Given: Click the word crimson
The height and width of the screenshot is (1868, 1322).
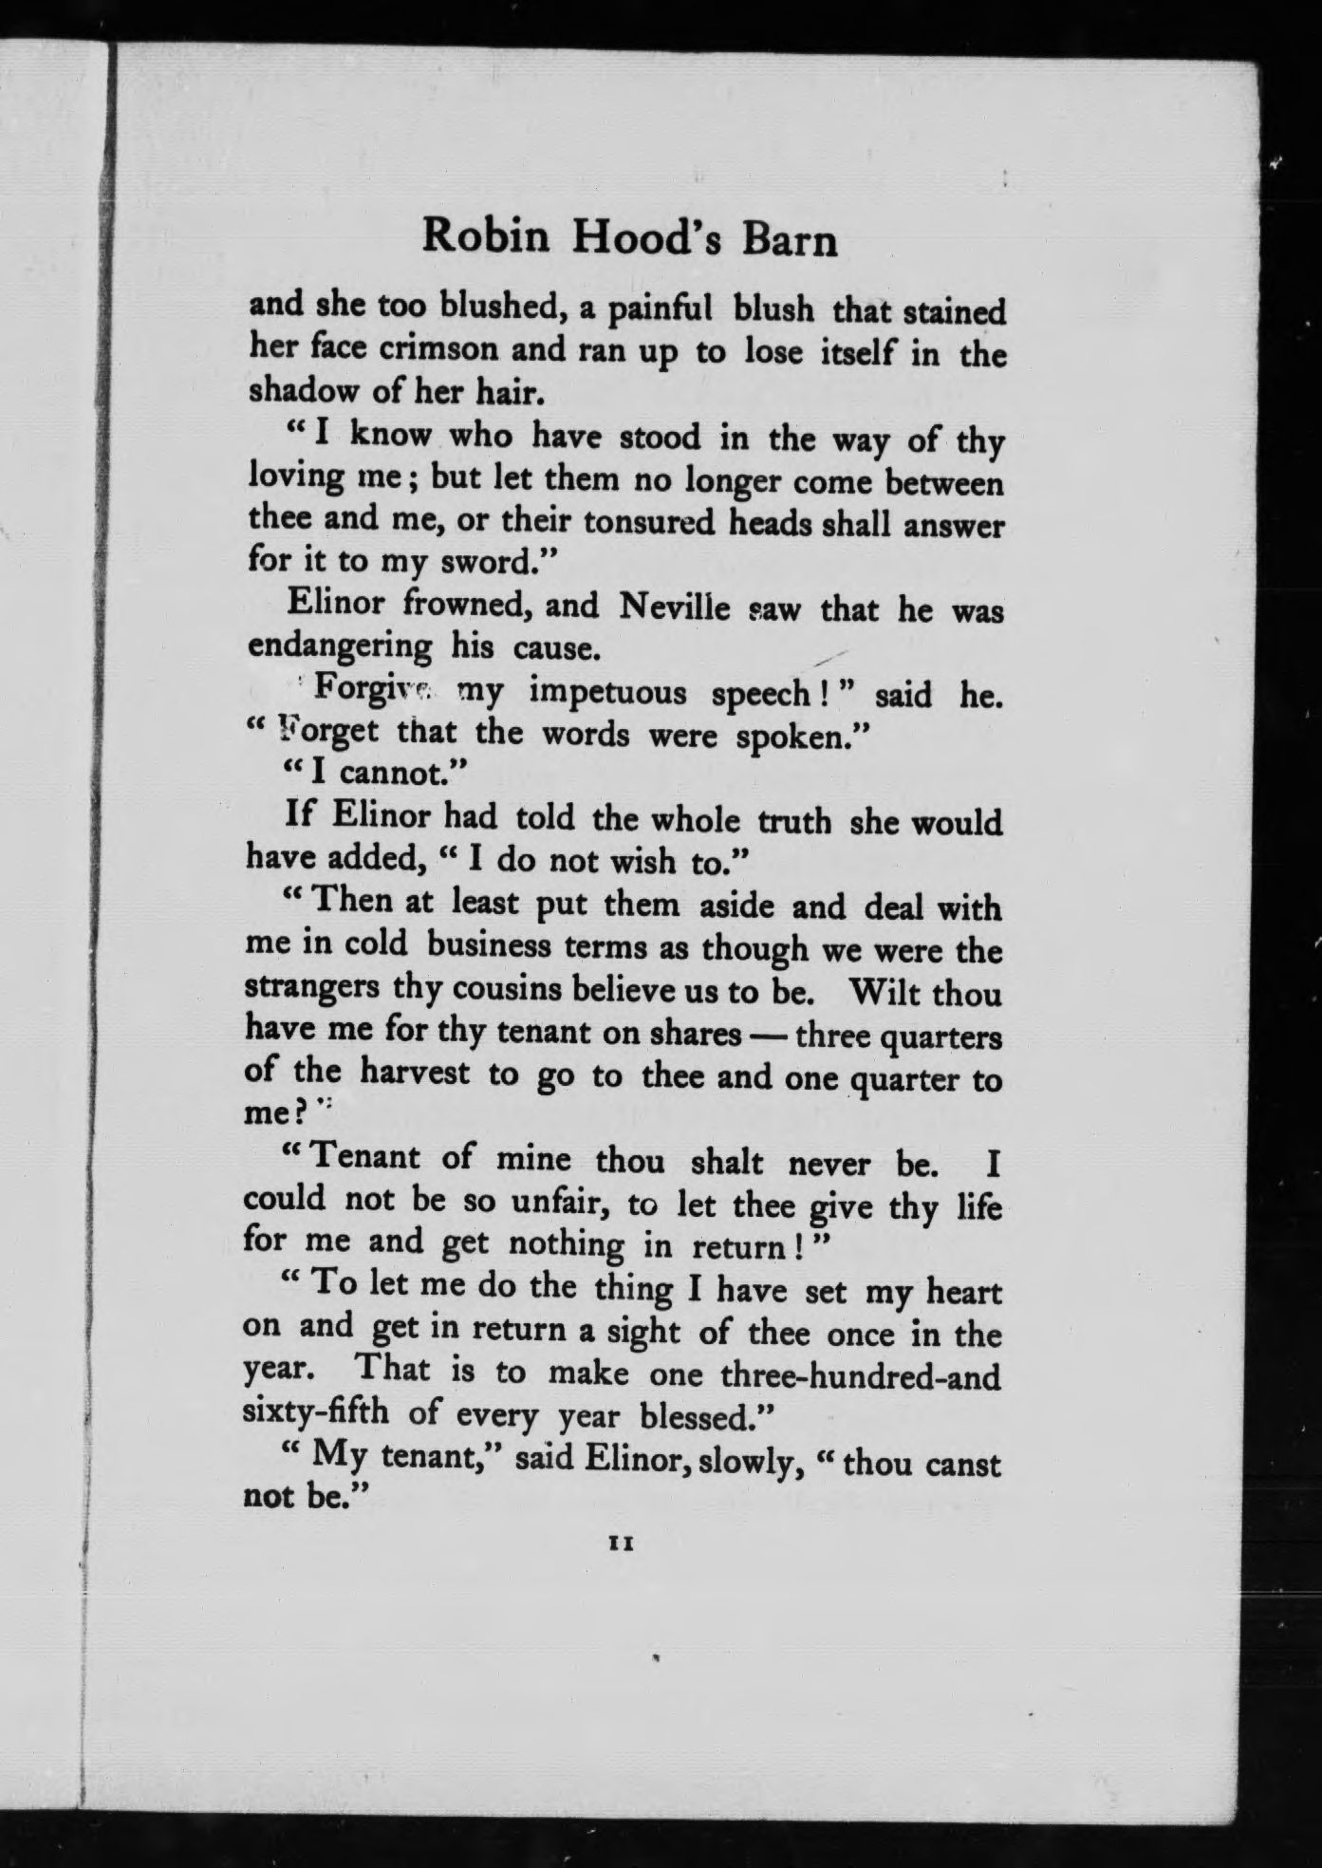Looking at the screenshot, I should coord(439,349).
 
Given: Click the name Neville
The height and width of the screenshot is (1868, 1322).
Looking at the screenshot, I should coord(676,607).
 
